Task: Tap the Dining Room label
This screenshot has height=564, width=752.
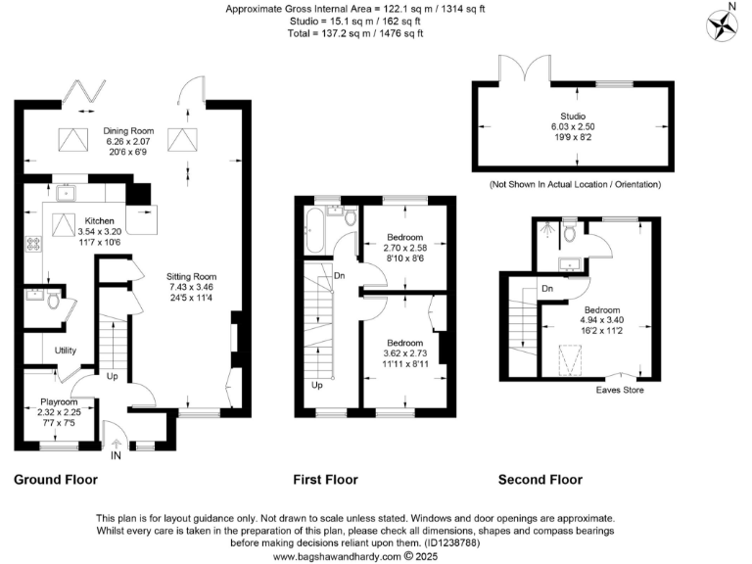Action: [129, 130]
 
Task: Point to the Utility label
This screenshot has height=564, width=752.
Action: [66, 350]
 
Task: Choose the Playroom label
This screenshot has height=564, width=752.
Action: [58, 401]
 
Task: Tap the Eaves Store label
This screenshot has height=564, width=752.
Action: [620, 389]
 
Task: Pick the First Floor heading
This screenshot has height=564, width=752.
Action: [326, 480]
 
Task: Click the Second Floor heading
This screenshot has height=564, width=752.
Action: [540, 480]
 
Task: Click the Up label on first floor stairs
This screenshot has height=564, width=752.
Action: [316, 385]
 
